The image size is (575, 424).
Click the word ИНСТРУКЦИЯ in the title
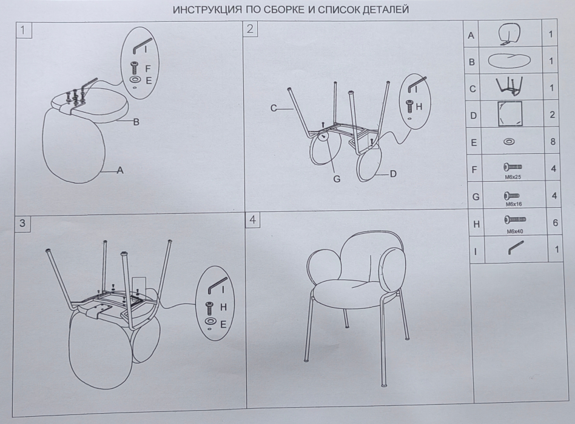207,10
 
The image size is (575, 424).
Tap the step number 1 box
24,30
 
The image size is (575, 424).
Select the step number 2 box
251,29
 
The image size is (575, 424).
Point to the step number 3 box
22,223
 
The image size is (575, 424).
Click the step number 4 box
253,220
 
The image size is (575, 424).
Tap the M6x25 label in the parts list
513,177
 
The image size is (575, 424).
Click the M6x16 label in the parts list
514,204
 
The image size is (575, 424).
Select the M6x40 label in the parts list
515,231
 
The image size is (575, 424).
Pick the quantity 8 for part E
553,141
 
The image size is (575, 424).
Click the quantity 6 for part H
555,223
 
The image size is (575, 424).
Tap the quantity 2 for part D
553,114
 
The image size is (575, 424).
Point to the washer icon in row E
509,141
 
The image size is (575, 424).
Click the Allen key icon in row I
516,248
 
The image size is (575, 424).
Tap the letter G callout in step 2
337,179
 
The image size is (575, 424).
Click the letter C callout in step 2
274,108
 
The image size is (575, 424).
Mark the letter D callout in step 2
393,174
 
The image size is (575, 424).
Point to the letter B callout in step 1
136,122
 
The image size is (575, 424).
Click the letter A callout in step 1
120,170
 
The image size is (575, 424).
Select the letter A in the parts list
471,36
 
